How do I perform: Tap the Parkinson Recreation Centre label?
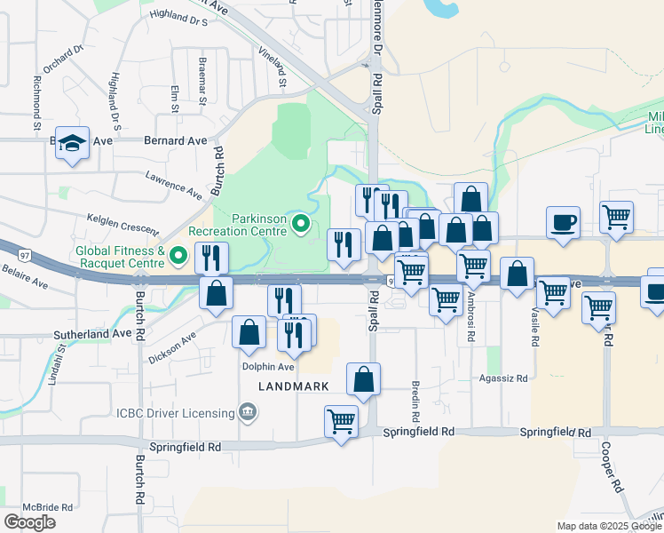pyautogui.click(x=260, y=225)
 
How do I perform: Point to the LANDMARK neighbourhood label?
pyautogui.click(x=293, y=386)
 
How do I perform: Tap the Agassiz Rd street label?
pyautogui.click(x=502, y=378)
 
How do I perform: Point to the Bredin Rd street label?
pyautogui.click(x=415, y=401)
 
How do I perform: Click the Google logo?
pyautogui.click(x=30, y=521)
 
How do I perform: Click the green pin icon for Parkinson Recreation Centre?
pyautogui.click(x=302, y=225)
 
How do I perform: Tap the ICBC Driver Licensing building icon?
pyautogui.click(x=247, y=411)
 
